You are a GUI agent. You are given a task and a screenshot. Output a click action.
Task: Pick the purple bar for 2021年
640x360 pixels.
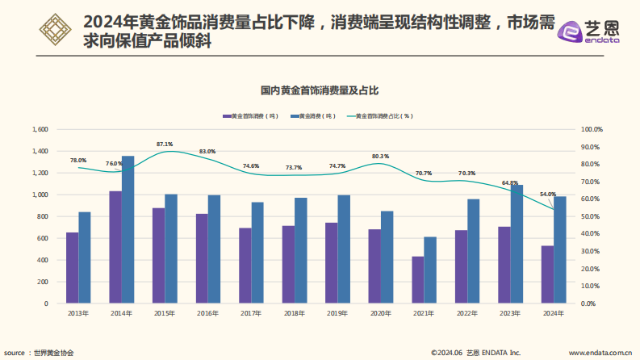(x=417, y=280)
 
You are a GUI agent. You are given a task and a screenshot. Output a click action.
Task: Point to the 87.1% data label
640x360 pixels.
(x=165, y=144)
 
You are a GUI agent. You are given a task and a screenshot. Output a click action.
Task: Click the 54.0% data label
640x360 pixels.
(x=547, y=195)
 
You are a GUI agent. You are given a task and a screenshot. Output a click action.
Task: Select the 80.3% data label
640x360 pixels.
(x=380, y=156)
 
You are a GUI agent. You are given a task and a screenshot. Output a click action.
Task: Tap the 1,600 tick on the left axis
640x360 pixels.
(x=40, y=129)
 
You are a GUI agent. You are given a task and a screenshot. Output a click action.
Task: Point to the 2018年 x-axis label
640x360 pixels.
(x=294, y=313)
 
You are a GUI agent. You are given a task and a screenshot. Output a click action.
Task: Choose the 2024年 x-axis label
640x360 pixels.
(x=553, y=313)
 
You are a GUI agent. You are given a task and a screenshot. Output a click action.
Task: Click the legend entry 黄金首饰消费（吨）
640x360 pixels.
(x=250, y=116)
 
